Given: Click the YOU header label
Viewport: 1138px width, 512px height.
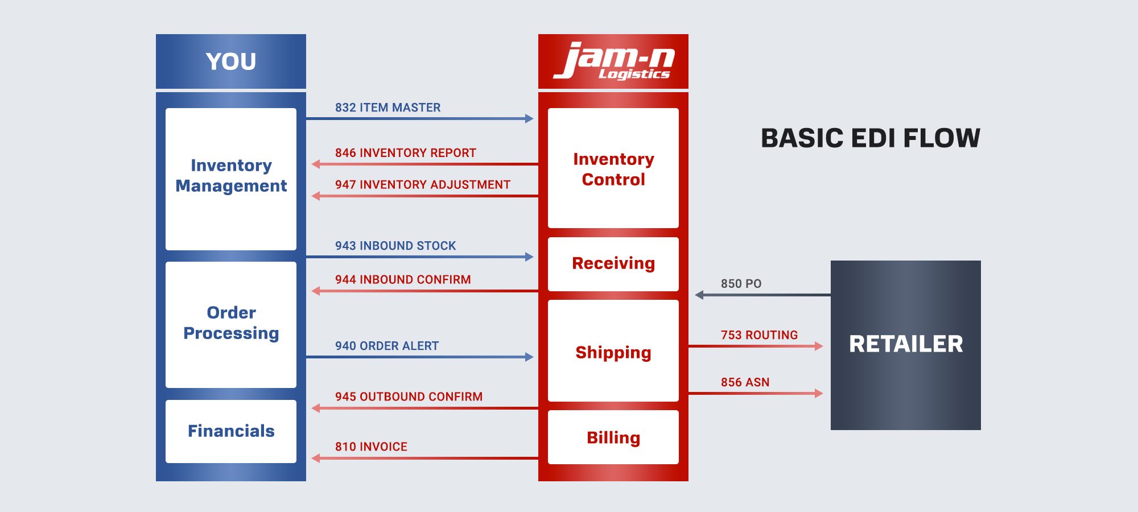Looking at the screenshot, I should [x=231, y=61].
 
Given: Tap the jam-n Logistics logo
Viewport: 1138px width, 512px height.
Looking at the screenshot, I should [x=613, y=61].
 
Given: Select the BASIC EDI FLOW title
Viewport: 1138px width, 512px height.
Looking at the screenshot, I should [x=871, y=138].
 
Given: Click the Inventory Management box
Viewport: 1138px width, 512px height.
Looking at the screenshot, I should [x=231, y=179].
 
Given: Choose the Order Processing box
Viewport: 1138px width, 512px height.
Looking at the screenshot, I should [x=231, y=324].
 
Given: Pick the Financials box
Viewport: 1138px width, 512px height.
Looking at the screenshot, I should [x=231, y=431].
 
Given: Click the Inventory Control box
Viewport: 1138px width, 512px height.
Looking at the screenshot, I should [x=613, y=168].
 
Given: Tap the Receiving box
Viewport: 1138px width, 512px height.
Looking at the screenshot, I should [x=613, y=263].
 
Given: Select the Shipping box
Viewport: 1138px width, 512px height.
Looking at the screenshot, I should [x=613, y=352].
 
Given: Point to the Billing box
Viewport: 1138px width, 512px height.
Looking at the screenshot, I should [x=613, y=437].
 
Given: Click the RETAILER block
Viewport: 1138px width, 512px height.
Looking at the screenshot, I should [x=906, y=345].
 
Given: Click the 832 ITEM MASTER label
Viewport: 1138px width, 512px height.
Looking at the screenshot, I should [x=387, y=108].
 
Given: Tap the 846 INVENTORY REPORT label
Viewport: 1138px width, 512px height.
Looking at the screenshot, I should [x=405, y=153].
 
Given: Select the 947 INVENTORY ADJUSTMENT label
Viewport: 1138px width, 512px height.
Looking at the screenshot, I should [x=422, y=185].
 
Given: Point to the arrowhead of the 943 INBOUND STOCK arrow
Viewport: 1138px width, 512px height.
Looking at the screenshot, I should [x=529, y=257].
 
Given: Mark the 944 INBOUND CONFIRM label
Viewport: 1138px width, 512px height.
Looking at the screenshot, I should [x=403, y=280].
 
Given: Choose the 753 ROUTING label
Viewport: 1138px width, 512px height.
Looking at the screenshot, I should [x=759, y=335].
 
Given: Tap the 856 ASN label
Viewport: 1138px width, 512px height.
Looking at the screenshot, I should [x=745, y=382].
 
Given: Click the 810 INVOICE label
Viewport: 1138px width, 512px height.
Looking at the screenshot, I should [x=371, y=447].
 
